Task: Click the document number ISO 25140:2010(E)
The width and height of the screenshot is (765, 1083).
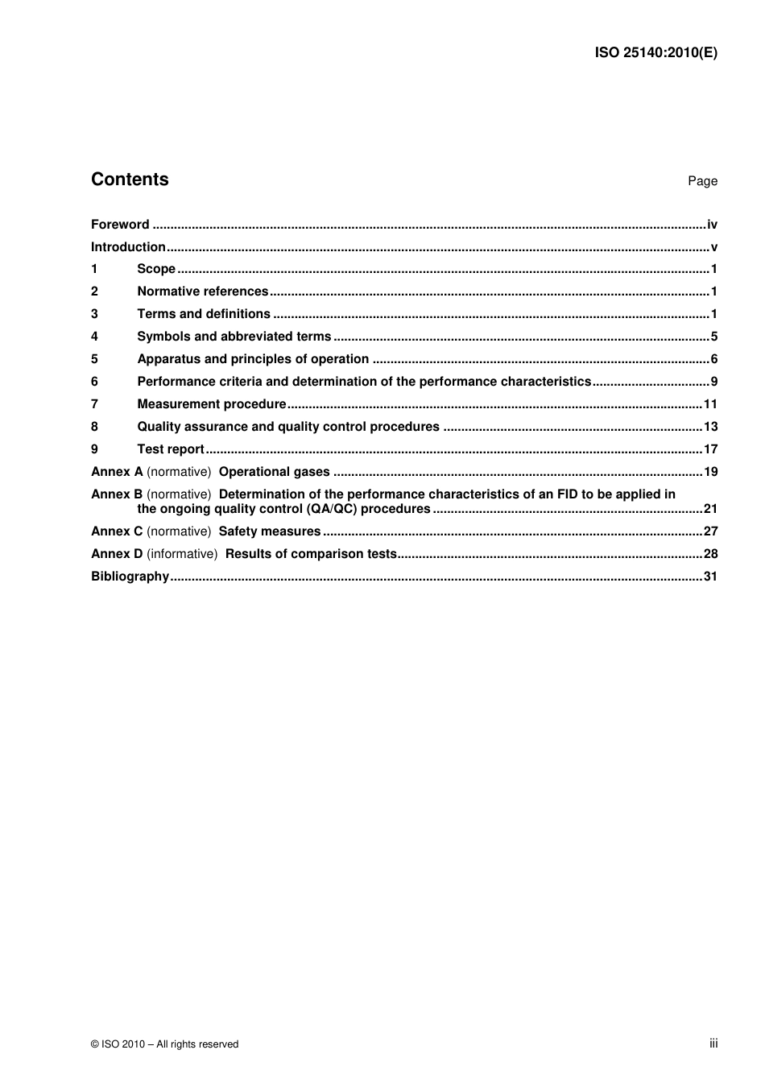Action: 655,53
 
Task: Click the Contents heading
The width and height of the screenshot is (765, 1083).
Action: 130,180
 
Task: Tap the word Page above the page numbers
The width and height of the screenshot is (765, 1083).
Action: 702,181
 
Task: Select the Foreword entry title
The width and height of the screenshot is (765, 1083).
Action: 120,225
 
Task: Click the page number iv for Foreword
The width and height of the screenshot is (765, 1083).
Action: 712,225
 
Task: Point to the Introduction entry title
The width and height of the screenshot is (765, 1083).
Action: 128,247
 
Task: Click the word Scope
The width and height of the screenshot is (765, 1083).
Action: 156,269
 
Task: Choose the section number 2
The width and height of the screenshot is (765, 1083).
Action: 94,291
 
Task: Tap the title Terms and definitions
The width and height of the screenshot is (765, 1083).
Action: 204,314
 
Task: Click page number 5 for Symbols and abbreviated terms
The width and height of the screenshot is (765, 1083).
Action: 713,337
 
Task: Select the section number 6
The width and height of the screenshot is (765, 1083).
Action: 94,382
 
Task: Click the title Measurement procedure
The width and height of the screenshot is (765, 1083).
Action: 212,404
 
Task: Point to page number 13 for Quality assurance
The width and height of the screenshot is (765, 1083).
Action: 710,427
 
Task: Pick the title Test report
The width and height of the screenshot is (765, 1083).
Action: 171,449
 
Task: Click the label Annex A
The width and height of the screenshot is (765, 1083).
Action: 117,472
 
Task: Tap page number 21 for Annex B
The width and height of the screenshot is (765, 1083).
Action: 710,509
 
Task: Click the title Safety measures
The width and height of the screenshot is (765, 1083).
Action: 270,531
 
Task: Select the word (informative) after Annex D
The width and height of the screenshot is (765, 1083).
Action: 182,554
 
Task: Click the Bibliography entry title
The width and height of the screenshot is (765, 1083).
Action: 130,577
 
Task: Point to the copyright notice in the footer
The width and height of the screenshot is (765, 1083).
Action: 165,1044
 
